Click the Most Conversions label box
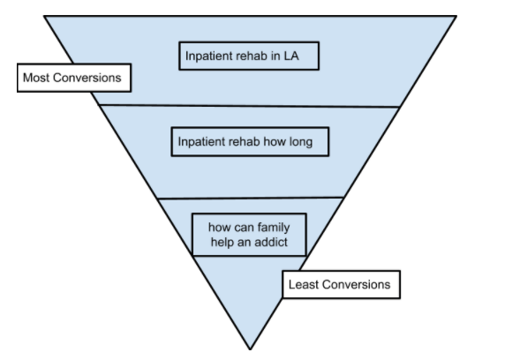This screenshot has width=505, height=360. click(73, 78)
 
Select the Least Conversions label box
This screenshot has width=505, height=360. click(341, 285)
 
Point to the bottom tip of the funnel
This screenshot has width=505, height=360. click(252, 349)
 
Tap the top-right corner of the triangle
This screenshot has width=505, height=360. click(456, 15)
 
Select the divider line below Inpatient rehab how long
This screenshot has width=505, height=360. click(252, 198)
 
